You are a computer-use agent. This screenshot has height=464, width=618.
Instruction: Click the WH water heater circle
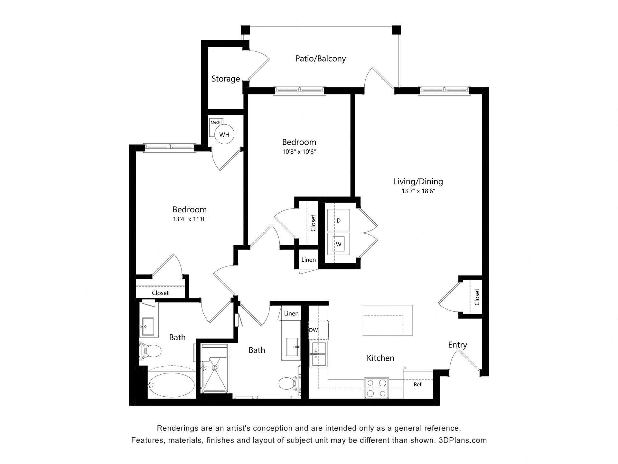[x=224, y=134]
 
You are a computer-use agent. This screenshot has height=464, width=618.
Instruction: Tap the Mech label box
[x=215, y=122]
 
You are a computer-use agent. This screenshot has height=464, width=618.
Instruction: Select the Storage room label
[x=226, y=79]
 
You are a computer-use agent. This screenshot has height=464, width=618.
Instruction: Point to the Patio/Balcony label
[x=321, y=59]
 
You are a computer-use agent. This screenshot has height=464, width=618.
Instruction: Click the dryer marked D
[x=339, y=220]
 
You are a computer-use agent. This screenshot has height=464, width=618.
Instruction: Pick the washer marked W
[x=339, y=244]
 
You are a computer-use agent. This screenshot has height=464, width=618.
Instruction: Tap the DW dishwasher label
[x=313, y=330]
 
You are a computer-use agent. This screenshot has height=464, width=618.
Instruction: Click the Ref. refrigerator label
[x=418, y=384]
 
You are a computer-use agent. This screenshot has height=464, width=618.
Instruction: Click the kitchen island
[x=388, y=320]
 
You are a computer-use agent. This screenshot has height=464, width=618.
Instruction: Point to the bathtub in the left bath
[x=171, y=385]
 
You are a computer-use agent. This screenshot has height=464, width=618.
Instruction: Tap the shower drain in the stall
[x=215, y=368]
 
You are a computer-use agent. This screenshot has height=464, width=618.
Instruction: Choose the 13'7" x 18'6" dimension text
[x=418, y=191]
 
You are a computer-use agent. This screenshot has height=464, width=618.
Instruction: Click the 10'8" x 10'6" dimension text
[x=299, y=152]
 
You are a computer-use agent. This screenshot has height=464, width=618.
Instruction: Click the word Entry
[x=457, y=345]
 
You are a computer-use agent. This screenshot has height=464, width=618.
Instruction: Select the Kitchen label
[x=380, y=358]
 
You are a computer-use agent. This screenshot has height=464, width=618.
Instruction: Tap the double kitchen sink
[x=319, y=354]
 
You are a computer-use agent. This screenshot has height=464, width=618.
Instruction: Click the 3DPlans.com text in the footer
[x=463, y=440]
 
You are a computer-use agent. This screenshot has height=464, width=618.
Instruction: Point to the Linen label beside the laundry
[x=309, y=260]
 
